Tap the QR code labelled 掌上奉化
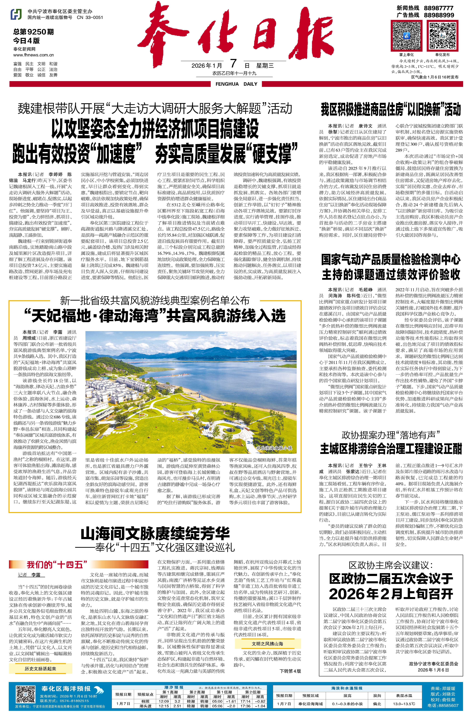tap(406, 36)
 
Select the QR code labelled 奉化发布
tap(442, 36)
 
